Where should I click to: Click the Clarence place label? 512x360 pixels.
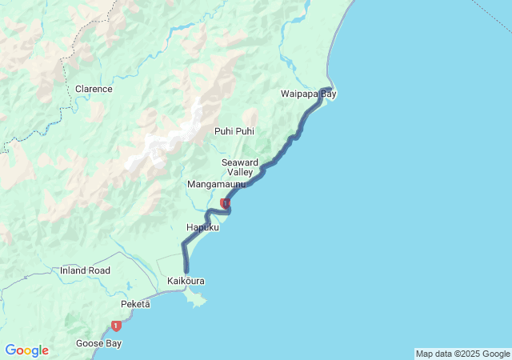(x=94, y=89)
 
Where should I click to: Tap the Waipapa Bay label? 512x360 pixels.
(x=309, y=94)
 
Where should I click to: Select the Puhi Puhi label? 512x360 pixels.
(x=234, y=131)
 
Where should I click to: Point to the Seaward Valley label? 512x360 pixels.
(x=239, y=167)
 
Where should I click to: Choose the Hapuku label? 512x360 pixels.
(x=202, y=228)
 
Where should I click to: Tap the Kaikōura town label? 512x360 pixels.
(x=186, y=282)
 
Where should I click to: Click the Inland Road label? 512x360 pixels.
(x=85, y=270)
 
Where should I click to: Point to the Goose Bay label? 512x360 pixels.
(x=99, y=343)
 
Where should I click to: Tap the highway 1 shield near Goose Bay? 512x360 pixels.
(x=117, y=326)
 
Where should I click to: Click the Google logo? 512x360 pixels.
(x=26, y=350)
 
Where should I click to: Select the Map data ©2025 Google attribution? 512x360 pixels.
(x=462, y=354)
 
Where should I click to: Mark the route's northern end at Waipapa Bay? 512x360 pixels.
(x=329, y=88)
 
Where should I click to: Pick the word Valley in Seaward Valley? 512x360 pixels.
(x=240, y=173)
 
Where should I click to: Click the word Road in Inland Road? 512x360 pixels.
(x=99, y=270)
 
